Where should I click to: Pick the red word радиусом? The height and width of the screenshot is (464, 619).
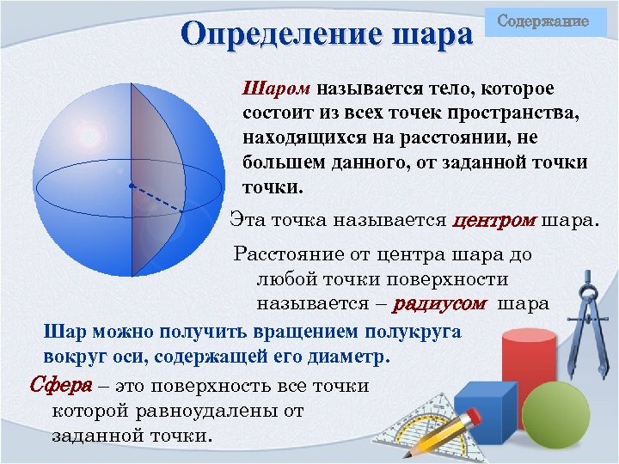point(439,303)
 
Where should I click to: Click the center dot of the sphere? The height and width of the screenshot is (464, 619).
point(131,185)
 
